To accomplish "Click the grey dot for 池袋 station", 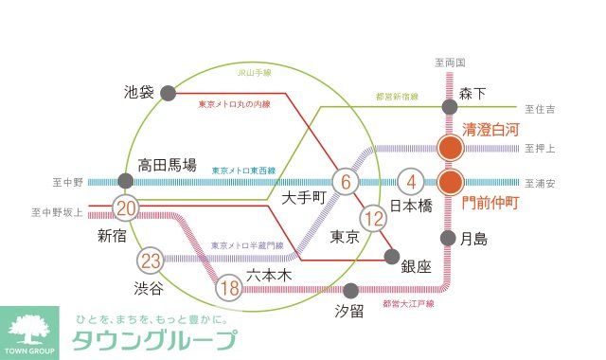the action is (168, 93).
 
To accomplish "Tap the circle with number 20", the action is (125, 207).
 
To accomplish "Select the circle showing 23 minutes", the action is (150, 260).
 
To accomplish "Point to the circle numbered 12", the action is (376, 220).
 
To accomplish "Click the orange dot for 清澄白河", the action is (450, 148).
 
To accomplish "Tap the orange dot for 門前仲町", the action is (450, 182).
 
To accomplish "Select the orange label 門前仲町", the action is (491, 203).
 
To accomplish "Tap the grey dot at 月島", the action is (450, 238).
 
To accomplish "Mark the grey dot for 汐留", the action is (351, 290).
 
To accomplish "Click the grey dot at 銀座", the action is (392, 255).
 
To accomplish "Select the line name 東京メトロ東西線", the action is (243, 171).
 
